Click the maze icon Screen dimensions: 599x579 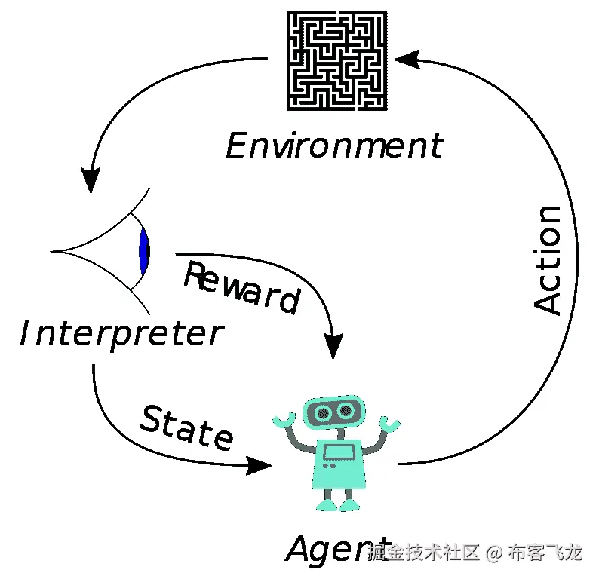[x=337, y=60]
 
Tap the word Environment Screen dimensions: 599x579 [x=334, y=146]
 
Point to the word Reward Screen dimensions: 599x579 [x=241, y=286]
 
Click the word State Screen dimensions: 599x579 [x=187, y=427]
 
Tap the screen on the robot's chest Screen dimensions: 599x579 [x=338, y=452]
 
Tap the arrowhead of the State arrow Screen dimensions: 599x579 [x=260, y=465]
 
